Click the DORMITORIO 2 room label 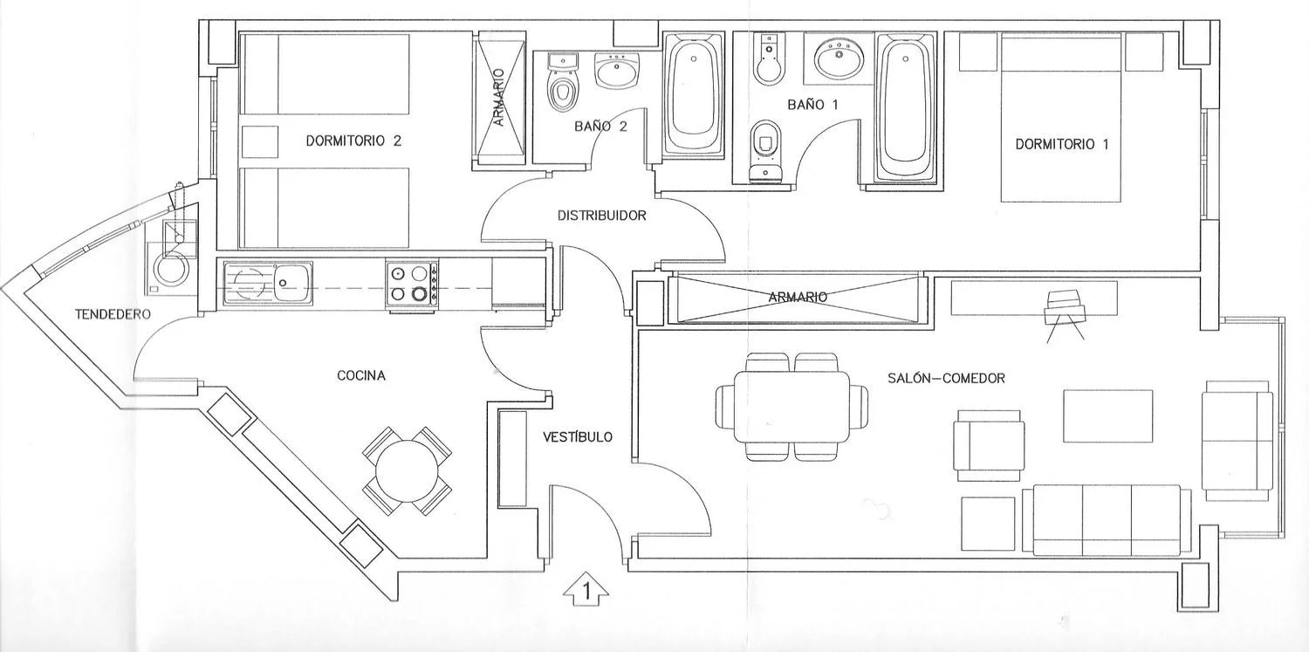click(x=353, y=141)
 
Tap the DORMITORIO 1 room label click(x=1062, y=144)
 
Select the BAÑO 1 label click(x=812, y=105)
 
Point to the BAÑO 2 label click(x=600, y=127)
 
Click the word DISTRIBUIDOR click(x=602, y=216)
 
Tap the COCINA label click(x=361, y=375)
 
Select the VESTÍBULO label click(x=578, y=436)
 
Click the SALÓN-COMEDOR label click(x=946, y=378)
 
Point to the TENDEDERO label click(x=113, y=314)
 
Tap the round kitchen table click(x=407, y=471)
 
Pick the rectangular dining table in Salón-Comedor click(x=792, y=408)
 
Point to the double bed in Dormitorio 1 click(x=1060, y=118)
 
